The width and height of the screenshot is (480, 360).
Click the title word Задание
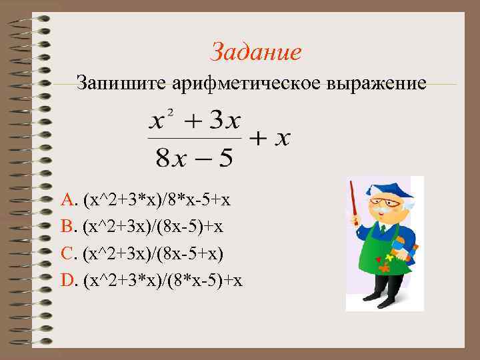pyautogui.click(x=255, y=51)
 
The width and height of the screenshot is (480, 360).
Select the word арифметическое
pyautogui.click(x=248, y=84)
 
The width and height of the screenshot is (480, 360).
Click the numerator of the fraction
pyautogui.click(x=195, y=122)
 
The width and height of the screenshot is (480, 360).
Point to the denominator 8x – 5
pyautogui.click(x=194, y=158)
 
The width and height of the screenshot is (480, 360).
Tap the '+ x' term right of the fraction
pyautogui.click(x=271, y=139)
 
